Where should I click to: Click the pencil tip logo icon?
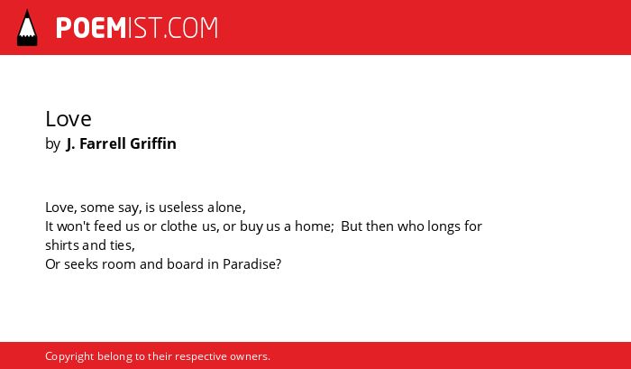pos(27,28)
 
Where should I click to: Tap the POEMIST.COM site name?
pos(137,28)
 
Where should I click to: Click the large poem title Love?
pos(69,119)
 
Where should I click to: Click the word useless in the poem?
pos(181,208)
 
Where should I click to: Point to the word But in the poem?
pos(352,226)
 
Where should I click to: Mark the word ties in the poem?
pos(121,244)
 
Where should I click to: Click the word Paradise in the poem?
pos(250,264)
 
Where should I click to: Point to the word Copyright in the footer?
pos(69,357)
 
